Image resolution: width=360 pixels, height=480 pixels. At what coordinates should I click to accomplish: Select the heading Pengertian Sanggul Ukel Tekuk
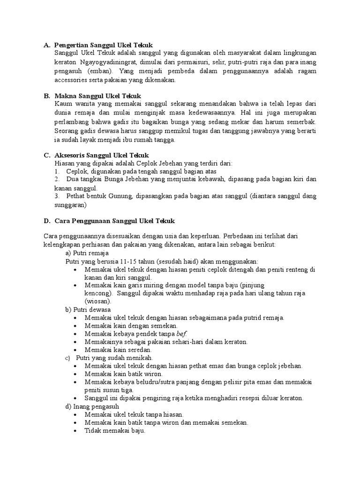pos(103,45)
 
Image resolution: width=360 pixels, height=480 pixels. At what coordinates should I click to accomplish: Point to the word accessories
pos(72,80)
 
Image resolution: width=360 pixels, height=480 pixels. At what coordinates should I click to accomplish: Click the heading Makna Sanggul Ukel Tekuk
pos(94,96)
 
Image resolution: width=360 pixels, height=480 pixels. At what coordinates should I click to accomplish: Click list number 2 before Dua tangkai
pos(57,180)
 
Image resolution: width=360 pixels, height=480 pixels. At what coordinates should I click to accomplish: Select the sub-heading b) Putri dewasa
pos(88,309)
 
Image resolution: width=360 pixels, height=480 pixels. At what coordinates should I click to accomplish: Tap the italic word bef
pos(181,334)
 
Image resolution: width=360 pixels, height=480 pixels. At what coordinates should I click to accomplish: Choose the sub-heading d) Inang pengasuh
pos(92,406)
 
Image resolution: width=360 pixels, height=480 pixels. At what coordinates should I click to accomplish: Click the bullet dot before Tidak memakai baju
pos(76,431)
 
